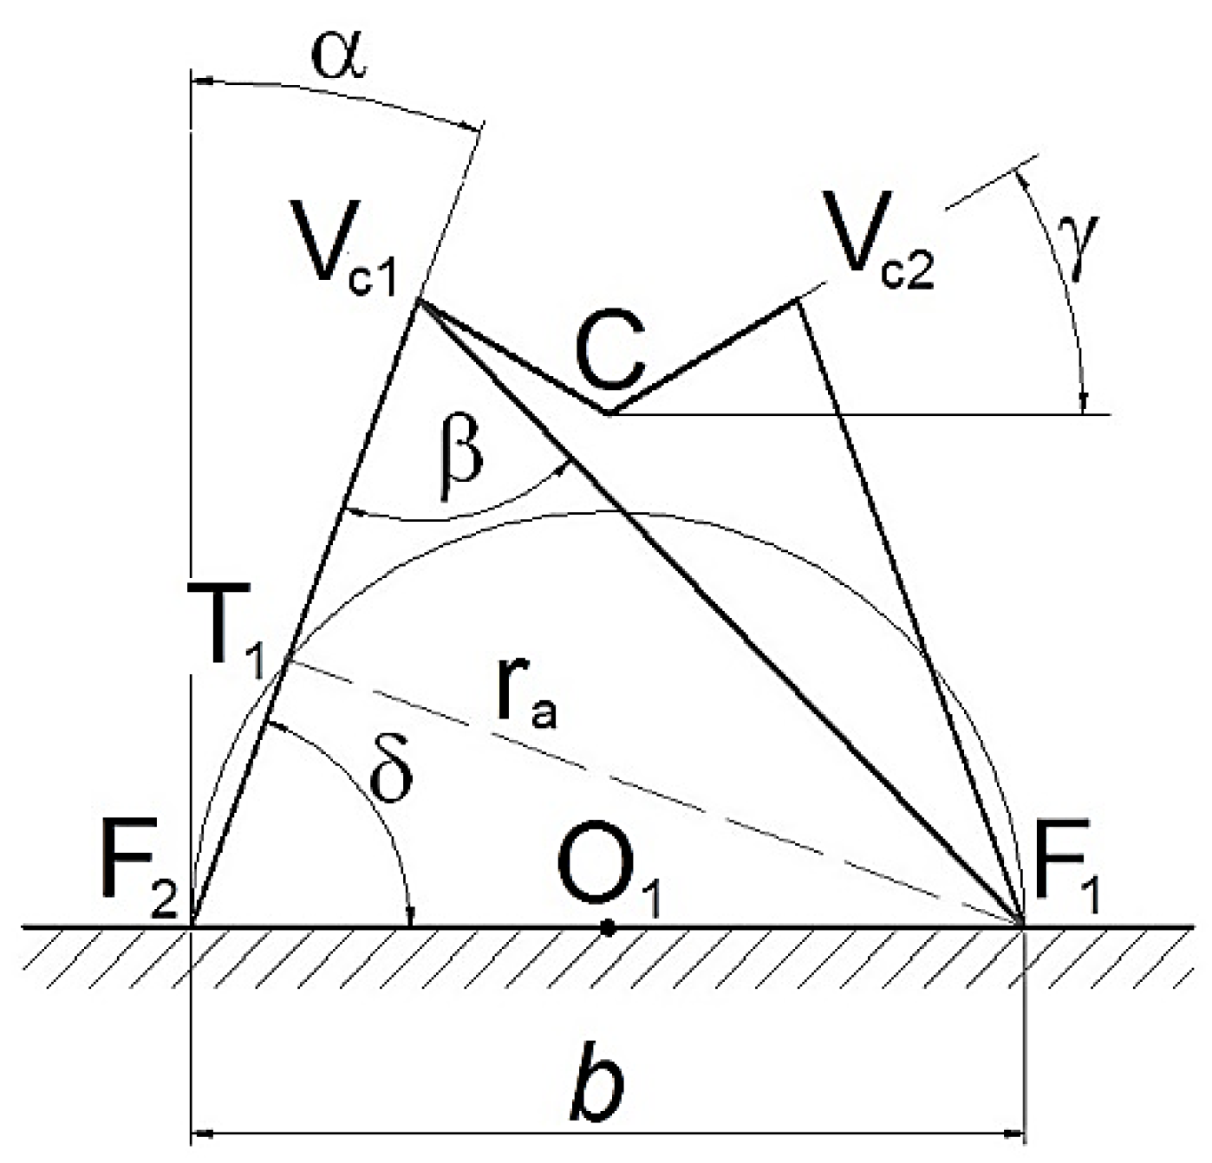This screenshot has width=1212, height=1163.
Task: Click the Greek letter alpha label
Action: (340, 55)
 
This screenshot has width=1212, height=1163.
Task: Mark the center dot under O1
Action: (608, 928)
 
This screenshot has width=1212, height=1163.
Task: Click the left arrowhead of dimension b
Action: (199, 1131)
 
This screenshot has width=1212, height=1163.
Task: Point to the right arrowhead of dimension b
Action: (1015, 1131)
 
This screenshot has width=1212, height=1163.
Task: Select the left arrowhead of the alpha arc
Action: (201, 82)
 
